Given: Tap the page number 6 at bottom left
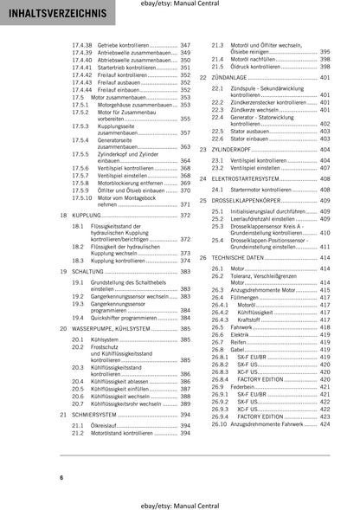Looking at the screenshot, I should click(37, 478).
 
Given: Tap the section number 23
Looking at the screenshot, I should click(202, 150).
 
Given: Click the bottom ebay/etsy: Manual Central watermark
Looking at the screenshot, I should click(180, 501).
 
